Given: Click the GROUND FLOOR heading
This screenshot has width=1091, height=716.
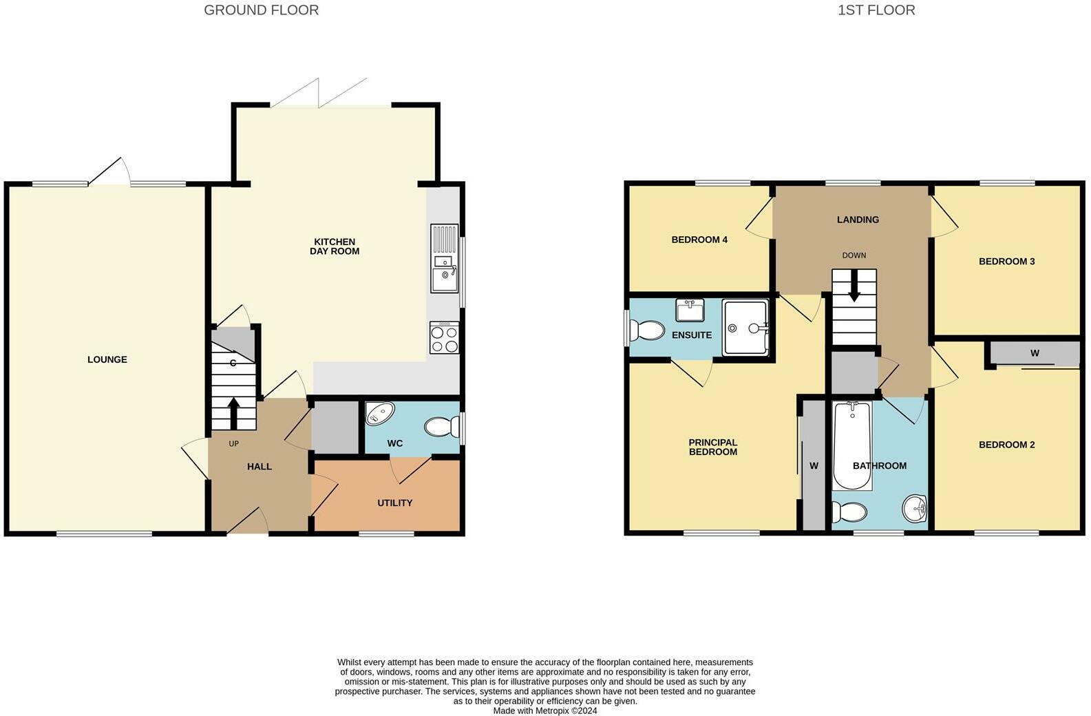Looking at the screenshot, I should tap(261, 10).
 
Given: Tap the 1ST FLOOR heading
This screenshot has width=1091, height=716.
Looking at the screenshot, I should tap(876, 10).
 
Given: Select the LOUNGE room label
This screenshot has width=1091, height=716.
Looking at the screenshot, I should tap(107, 359).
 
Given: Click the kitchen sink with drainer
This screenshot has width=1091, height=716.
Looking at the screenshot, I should tap(444, 258).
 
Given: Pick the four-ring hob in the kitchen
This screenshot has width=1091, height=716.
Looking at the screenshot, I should tap(444, 338).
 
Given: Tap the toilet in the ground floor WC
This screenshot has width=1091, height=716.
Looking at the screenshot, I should tap(442, 428).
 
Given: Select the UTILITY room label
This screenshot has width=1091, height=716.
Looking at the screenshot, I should tap(394, 503).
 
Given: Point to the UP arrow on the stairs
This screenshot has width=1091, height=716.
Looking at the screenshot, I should tap(233, 412).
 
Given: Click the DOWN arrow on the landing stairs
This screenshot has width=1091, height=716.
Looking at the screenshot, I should tap(854, 286).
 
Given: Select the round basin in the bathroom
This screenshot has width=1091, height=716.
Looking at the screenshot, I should tap(914, 509).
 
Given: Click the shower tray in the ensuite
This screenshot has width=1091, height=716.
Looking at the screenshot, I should tap(745, 328).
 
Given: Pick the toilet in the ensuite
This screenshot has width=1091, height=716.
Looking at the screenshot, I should tap(646, 330).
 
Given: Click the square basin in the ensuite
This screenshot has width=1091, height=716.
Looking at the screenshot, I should tap(689, 310).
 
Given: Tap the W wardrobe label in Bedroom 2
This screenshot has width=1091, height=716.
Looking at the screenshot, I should tap(1034, 353).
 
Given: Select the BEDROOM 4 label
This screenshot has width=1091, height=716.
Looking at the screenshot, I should tap(699, 240).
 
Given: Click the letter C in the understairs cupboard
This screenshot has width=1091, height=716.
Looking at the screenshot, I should tap(233, 363).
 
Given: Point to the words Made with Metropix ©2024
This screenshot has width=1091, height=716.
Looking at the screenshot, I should tap(544, 710).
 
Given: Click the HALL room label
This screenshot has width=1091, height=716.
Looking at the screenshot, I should tap(259, 467).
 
